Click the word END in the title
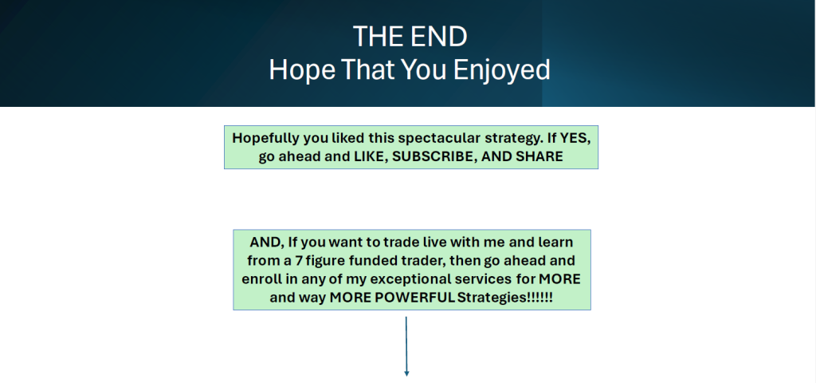437,37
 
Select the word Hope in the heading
301,70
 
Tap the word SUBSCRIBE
434,157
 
